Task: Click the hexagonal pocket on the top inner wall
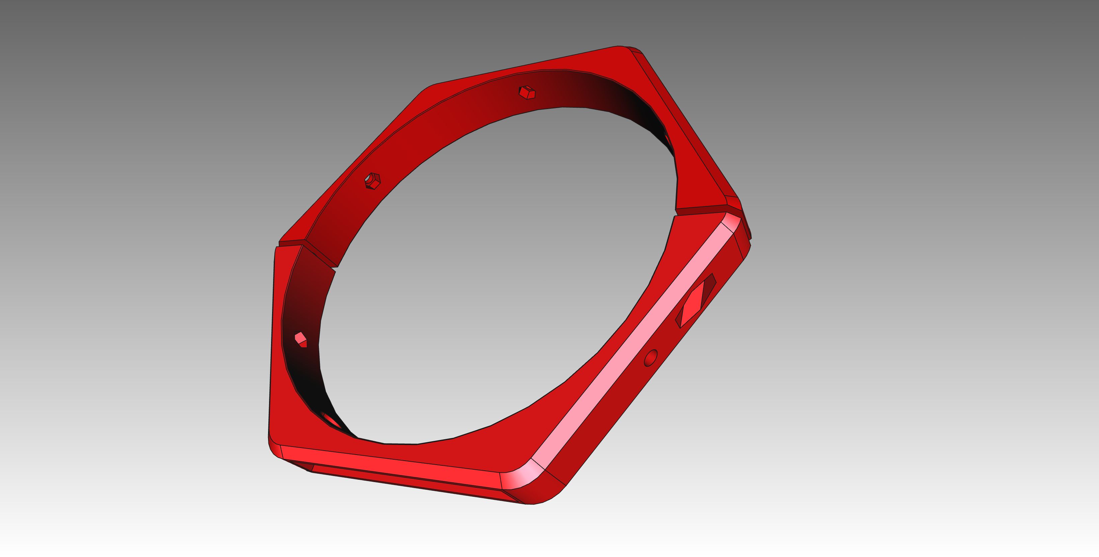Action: coord(527,93)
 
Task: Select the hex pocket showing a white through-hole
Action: coord(372,181)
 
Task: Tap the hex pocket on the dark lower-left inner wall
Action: coord(301,340)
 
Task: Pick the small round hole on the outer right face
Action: coord(651,357)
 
